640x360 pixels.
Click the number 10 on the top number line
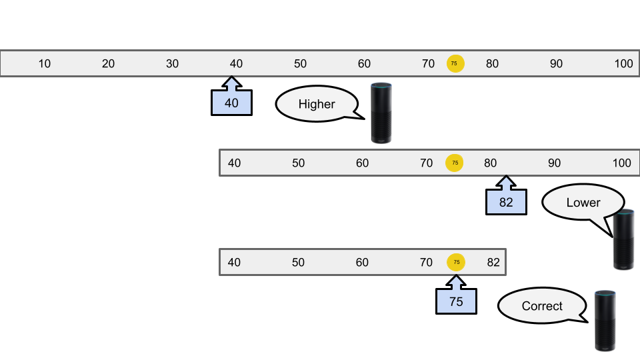(x=44, y=64)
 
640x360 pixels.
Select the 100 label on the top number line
(x=623, y=64)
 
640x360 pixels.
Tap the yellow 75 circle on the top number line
(x=455, y=63)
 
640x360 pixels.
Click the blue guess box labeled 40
(x=231, y=103)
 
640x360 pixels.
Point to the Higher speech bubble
(x=317, y=104)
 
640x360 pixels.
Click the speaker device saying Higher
(x=381, y=112)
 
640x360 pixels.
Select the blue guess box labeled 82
(x=506, y=202)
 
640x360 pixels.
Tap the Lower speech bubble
(x=582, y=203)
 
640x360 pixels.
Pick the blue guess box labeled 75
(x=456, y=301)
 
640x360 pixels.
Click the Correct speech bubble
(x=541, y=306)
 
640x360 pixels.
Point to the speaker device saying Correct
(x=604, y=320)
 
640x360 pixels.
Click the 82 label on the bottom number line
(x=493, y=262)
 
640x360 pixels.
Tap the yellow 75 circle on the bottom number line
(x=457, y=262)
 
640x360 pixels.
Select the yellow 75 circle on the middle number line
(x=455, y=163)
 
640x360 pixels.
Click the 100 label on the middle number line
(x=621, y=163)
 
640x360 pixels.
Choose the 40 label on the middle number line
(x=235, y=163)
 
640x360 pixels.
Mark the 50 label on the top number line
(x=300, y=64)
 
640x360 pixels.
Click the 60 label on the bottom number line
(x=362, y=262)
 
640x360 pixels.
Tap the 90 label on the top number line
(x=556, y=64)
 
